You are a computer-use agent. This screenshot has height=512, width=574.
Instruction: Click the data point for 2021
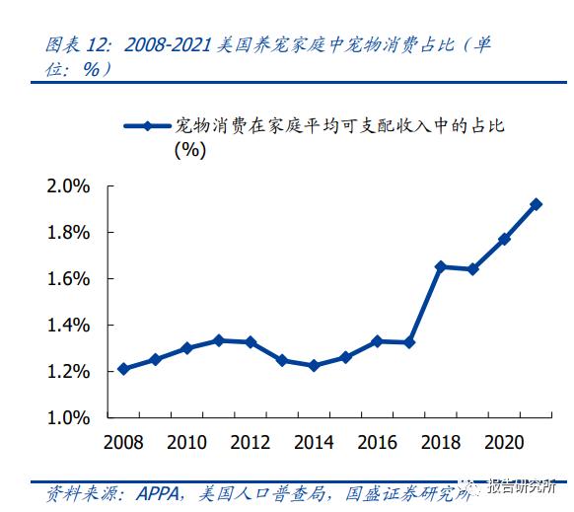(x=537, y=204)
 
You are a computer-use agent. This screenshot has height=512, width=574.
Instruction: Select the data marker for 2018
(x=441, y=266)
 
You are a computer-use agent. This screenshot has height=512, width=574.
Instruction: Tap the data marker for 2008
(x=123, y=369)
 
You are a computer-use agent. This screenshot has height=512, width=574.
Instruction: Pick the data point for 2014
(x=314, y=365)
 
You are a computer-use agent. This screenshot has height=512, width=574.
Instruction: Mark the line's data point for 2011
(x=219, y=340)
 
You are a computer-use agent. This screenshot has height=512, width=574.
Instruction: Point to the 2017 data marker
(x=409, y=342)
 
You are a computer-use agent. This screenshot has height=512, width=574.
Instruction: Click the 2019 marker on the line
(x=473, y=269)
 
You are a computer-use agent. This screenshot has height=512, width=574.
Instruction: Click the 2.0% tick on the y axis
(x=68, y=185)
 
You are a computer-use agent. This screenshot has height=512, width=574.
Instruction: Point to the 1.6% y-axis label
(x=68, y=278)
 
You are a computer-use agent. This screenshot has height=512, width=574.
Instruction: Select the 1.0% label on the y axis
(x=68, y=417)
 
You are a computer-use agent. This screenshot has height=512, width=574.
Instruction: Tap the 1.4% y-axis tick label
(x=68, y=325)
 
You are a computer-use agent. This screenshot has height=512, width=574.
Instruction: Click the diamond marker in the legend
(x=147, y=125)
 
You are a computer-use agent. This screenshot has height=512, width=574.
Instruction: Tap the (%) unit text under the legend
(x=189, y=150)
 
